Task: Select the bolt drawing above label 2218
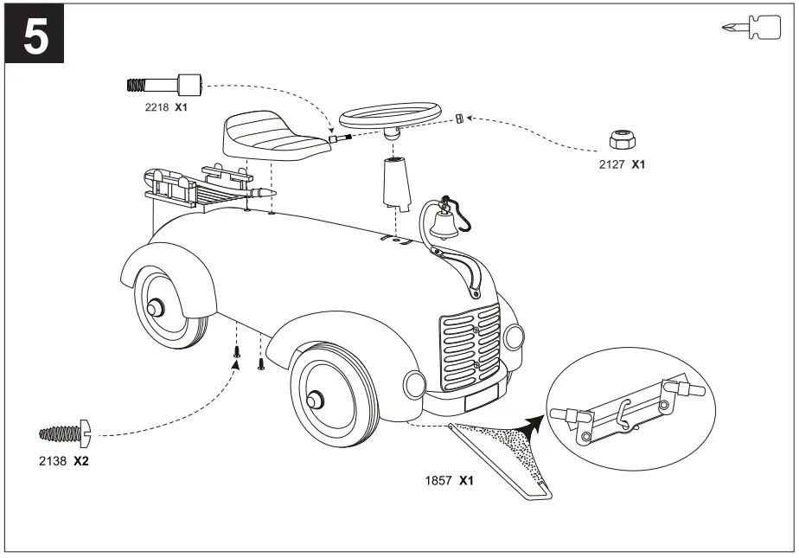164,85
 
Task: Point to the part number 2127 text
614,164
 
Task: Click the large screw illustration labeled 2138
66,430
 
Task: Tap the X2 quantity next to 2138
80,461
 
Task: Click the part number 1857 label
438,480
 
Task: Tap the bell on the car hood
444,225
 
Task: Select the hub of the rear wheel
156,308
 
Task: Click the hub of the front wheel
315,398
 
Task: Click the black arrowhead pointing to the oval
534,422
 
